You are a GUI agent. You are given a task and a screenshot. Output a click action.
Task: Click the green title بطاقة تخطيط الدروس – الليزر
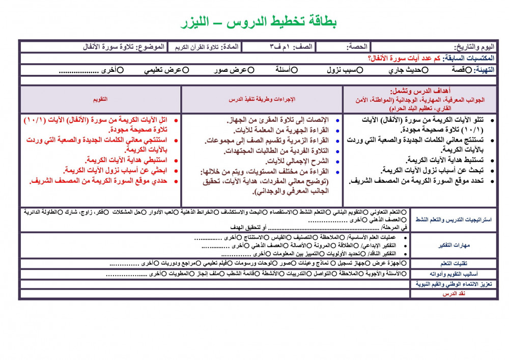pyautogui.click(x=259, y=22)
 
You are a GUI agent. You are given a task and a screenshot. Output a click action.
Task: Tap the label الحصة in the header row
pyautogui.click(x=357, y=47)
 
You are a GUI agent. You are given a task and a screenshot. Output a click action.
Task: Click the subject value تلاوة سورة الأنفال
pyautogui.click(x=109, y=47)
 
